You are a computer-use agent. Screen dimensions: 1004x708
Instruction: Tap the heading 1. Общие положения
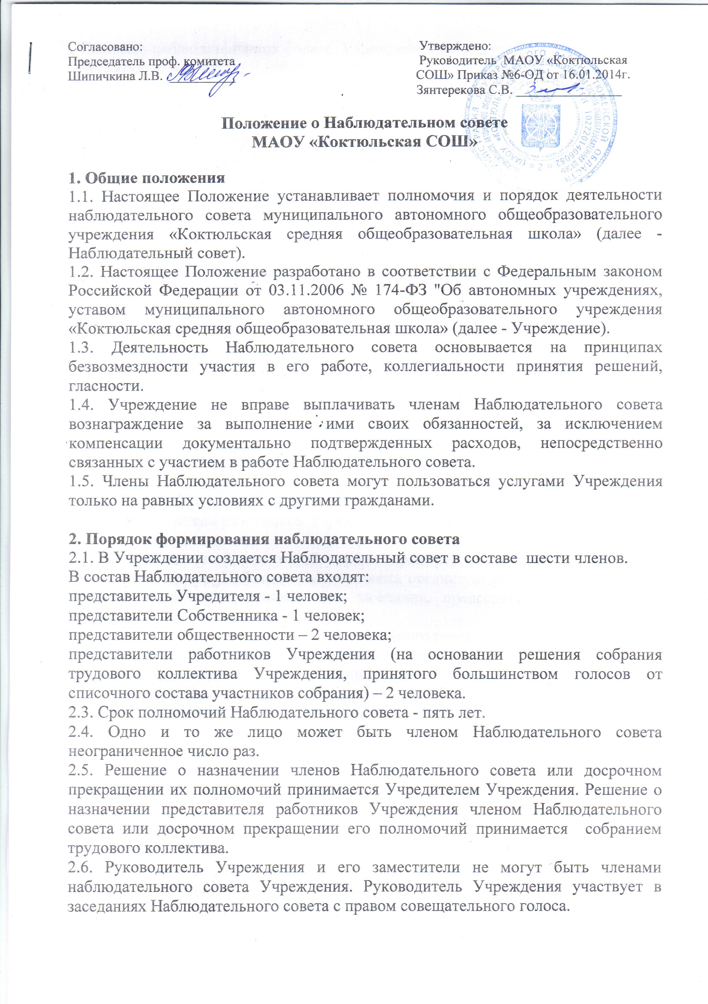click(x=146, y=178)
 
